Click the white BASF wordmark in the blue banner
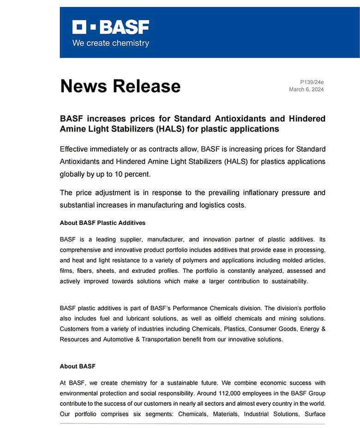[124, 27]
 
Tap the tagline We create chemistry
[110, 43]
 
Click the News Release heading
[120, 86]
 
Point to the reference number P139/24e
[312, 82]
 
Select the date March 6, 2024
[306, 90]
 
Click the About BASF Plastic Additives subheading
[102, 223]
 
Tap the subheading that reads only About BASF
[78, 366]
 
